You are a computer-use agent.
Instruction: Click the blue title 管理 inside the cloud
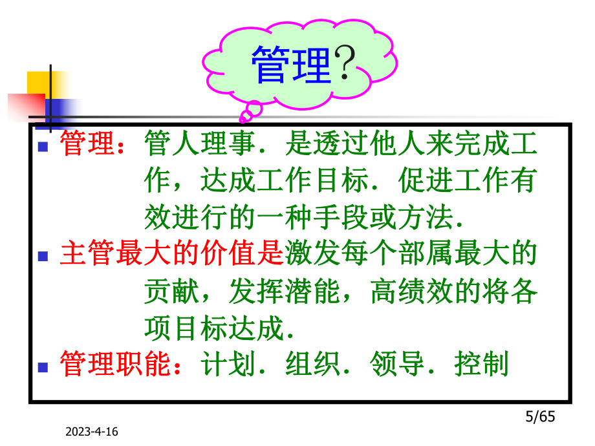click(291, 65)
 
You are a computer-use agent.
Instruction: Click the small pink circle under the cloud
click(246, 116)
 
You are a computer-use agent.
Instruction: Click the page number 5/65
click(538, 417)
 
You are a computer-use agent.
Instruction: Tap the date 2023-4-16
click(97, 432)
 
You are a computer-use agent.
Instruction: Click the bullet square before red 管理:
click(43, 147)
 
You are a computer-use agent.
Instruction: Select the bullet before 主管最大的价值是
click(43, 257)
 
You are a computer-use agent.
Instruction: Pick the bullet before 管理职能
click(43, 366)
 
